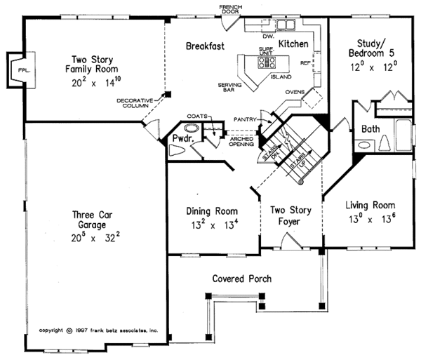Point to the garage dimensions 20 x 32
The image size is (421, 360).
[x=88, y=239]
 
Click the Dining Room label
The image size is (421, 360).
[x=212, y=211]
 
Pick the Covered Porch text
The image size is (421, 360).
[x=242, y=279]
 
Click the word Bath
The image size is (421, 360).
[x=370, y=130]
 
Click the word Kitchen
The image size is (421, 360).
[x=293, y=44]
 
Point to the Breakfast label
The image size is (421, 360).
[x=205, y=46]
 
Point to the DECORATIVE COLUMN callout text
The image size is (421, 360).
[x=136, y=105]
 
